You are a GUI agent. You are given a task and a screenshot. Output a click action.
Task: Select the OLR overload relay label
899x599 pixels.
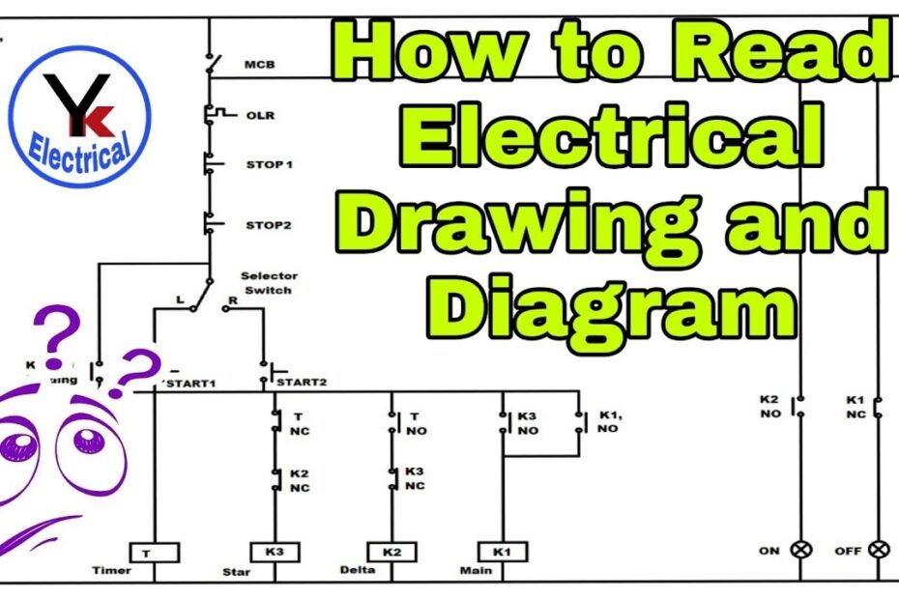(x=260, y=116)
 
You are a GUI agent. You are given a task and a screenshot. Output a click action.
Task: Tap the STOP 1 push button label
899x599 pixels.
(x=269, y=165)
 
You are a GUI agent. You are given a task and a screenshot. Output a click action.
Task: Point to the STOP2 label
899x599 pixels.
(x=267, y=225)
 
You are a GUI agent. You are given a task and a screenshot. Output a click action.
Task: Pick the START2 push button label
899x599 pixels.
(x=302, y=383)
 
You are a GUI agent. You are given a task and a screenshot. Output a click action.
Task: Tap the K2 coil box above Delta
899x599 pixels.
(x=391, y=552)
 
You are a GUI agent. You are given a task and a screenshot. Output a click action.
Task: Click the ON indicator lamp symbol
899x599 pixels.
(x=801, y=550)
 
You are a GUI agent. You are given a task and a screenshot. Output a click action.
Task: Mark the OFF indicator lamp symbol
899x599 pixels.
(x=878, y=550)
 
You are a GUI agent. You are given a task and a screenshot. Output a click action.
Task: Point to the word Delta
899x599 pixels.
(x=356, y=571)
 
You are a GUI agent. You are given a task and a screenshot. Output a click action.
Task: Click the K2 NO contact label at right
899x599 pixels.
(x=768, y=406)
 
